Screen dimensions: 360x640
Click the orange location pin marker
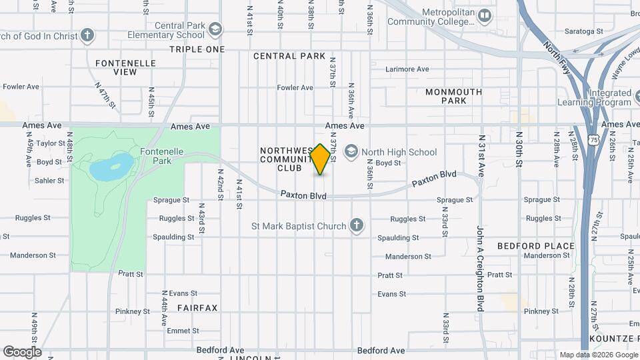(x=320, y=159)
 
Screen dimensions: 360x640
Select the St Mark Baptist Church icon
(x=357, y=225)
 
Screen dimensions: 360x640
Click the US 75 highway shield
(x=594, y=138)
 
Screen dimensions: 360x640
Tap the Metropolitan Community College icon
(x=484, y=15)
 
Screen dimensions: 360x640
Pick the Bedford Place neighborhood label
(x=535, y=246)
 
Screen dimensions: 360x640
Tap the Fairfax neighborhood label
(x=197, y=308)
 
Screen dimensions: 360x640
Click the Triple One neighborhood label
(x=197, y=49)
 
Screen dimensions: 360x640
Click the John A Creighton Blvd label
(x=479, y=269)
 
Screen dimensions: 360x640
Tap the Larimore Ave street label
(x=407, y=69)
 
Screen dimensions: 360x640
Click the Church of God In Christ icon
(x=87, y=35)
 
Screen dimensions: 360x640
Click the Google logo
(x=22, y=352)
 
